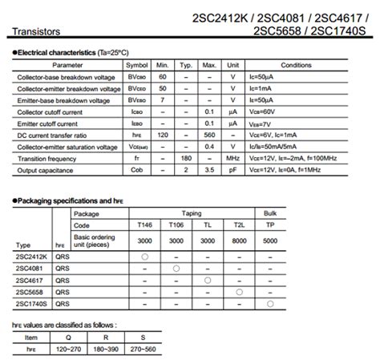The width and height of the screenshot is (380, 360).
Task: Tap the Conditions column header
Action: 296,64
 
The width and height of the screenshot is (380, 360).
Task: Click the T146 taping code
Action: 144,225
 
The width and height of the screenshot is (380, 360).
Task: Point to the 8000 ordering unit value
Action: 238,240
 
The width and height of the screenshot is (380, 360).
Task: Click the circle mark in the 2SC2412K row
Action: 144,254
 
